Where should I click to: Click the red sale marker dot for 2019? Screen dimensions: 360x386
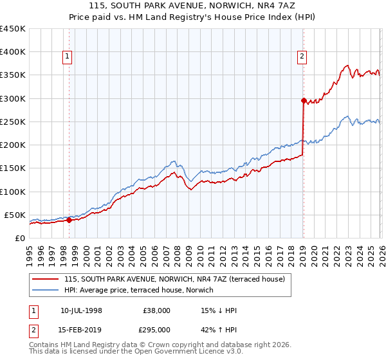303,100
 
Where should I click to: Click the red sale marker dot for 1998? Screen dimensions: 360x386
69,220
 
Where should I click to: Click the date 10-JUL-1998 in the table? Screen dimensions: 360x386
81,310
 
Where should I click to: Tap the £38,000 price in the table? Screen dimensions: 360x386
156,310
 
